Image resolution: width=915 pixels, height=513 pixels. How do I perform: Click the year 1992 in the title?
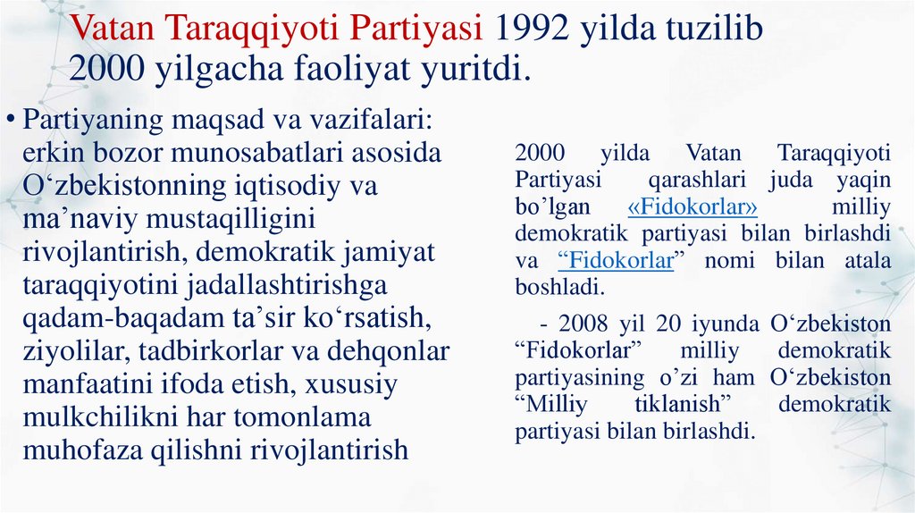coord(529,29)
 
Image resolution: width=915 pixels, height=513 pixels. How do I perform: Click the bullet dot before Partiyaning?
coord(11,119)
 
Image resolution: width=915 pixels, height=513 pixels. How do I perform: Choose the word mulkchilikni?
coord(103,417)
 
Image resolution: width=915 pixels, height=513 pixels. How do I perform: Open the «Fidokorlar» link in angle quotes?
coord(693,207)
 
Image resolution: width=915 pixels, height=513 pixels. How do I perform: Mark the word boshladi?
coord(560,288)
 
